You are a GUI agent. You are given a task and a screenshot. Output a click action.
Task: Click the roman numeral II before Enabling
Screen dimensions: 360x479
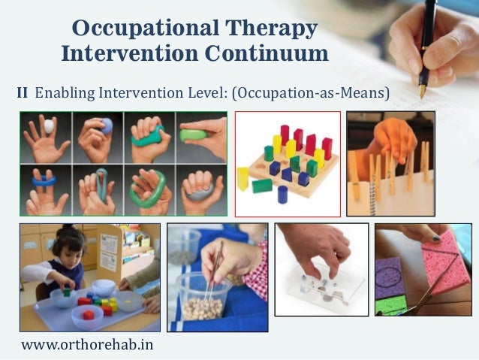[23, 93]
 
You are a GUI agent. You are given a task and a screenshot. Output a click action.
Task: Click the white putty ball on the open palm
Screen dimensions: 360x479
[50, 126]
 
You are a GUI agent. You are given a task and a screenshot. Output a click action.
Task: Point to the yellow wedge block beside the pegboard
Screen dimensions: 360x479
[243, 179]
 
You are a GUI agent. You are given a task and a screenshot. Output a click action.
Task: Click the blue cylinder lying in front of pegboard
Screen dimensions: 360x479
[282, 194]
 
